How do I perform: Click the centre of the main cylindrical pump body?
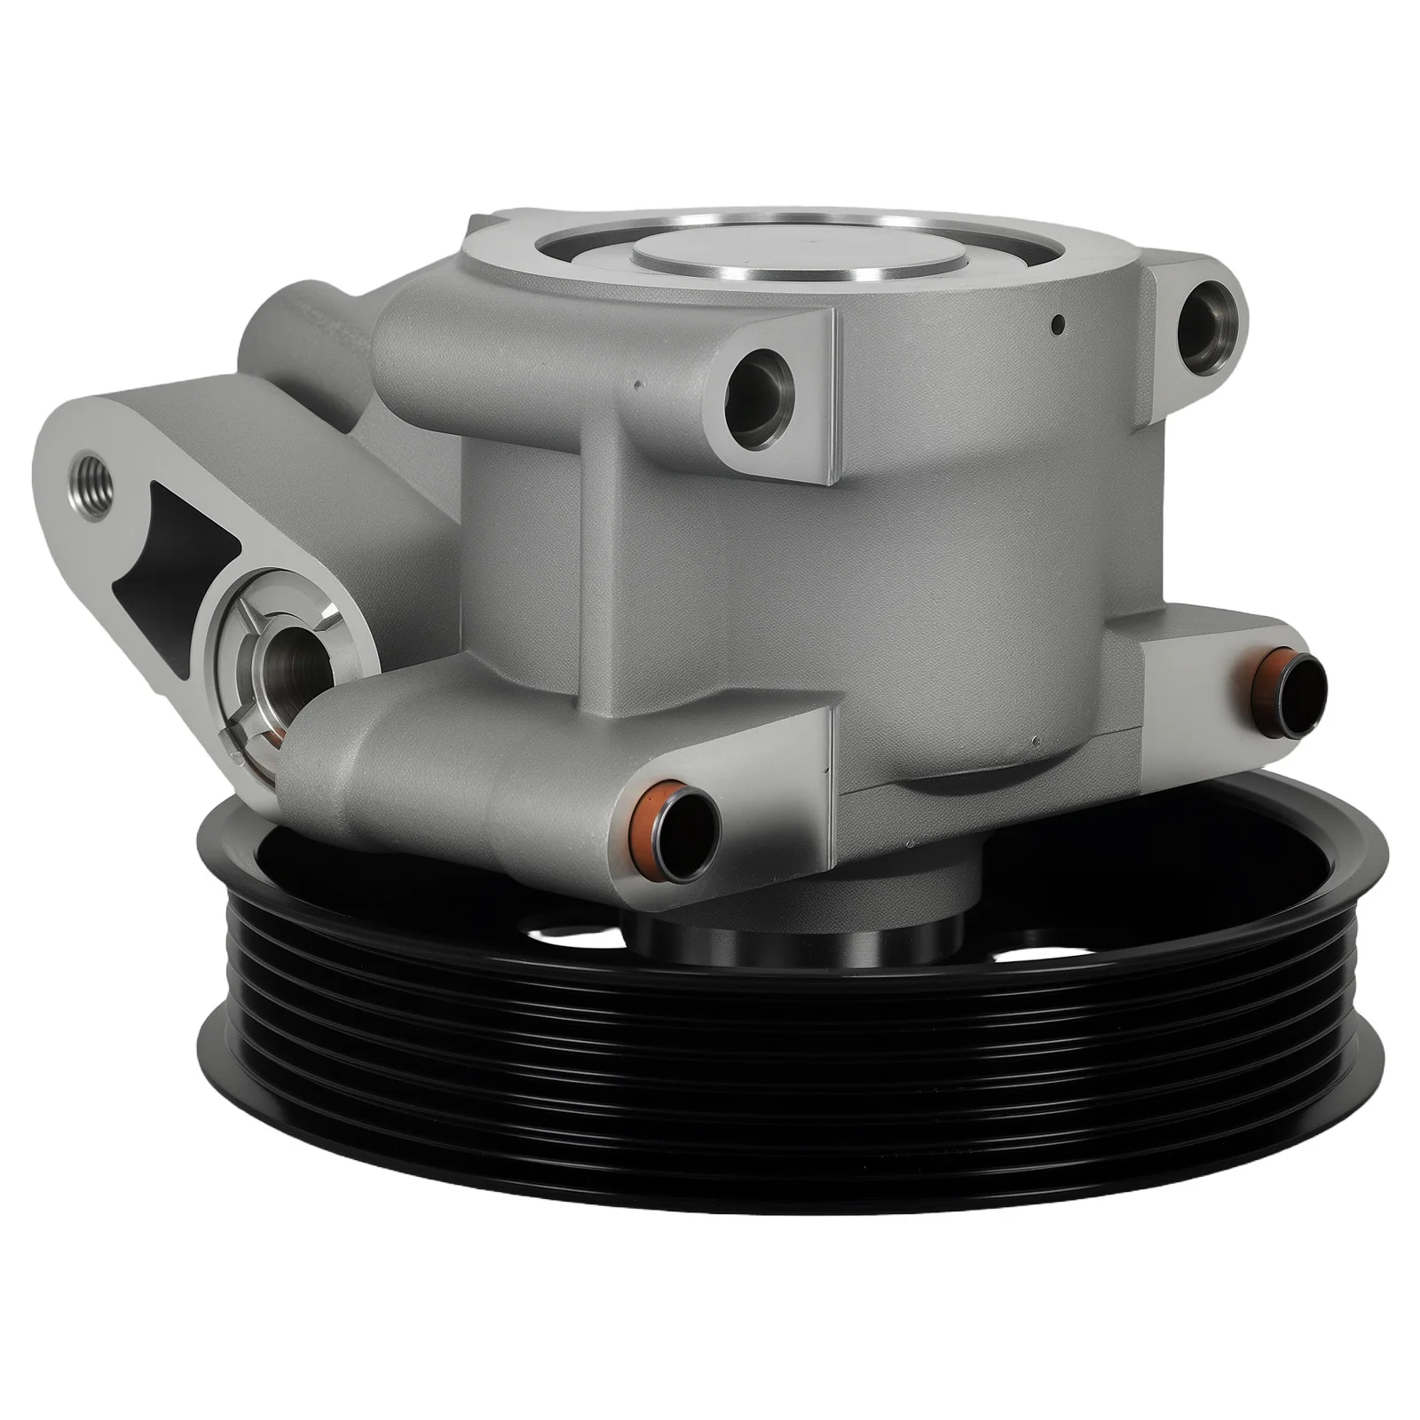[887, 577]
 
